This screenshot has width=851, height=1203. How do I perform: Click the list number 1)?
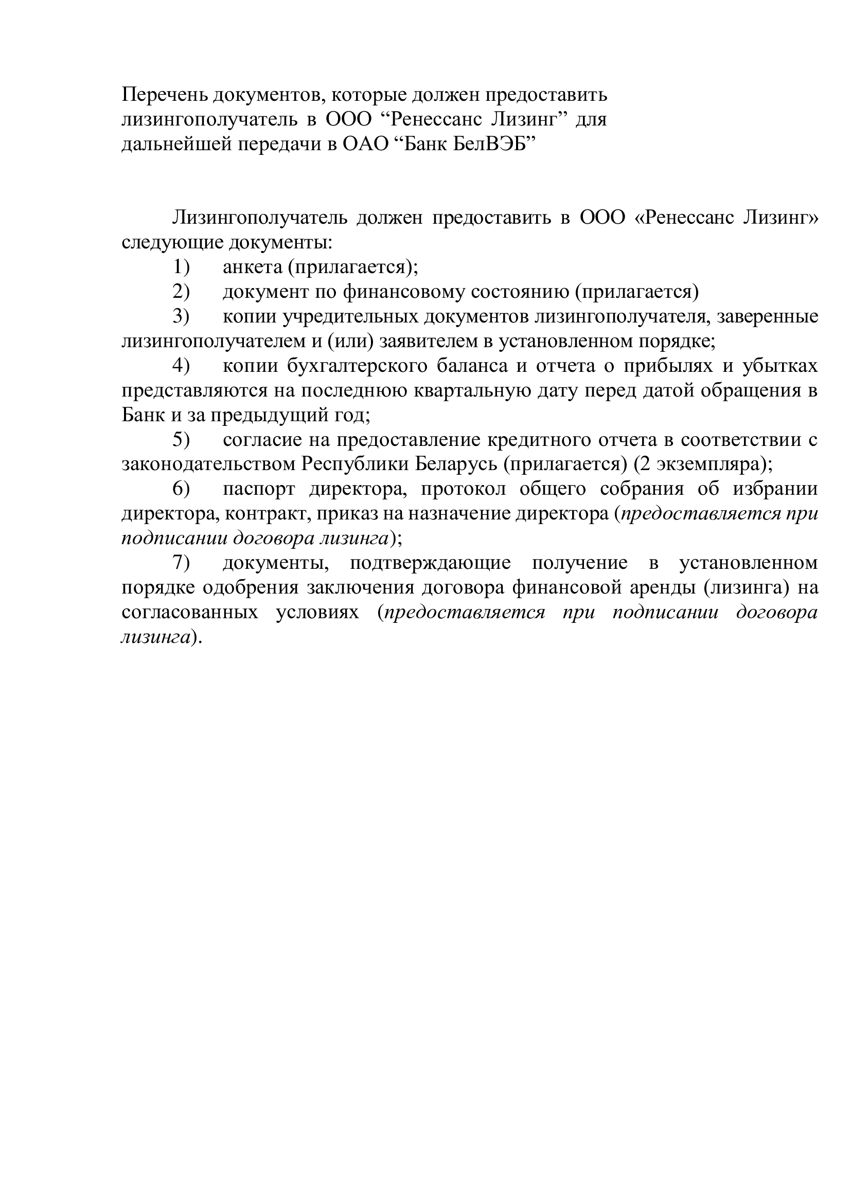pyautogui.click(x=181, y=267)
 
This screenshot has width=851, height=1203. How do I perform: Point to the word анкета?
pyautogui.click(x=253, y=267)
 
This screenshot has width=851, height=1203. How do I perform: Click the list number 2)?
pyautogui.click(x=181, y=292)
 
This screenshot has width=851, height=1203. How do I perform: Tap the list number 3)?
pyautogui.click(x=181, y=316)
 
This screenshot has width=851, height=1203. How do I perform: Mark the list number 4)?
pyautogui.click(x=181, y=366)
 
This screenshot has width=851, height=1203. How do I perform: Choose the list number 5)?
pyautogui.click(x=181, y=440)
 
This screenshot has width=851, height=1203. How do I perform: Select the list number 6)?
pyautogui.click(x=181, y=489)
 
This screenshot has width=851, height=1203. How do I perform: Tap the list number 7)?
pyautogui.click(x=181, y=563)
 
